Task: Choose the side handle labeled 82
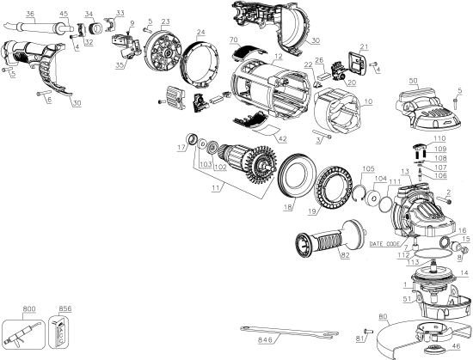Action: [x=322, y=236]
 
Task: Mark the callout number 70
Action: [x=234, y=39]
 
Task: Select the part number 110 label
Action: [x=439, y=137]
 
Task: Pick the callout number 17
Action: [x=180, y=148]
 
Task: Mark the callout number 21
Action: [x=364, y=46]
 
